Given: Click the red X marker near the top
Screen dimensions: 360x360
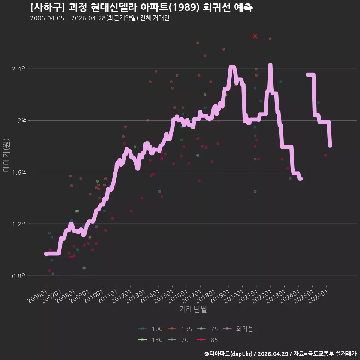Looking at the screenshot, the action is (255, 36).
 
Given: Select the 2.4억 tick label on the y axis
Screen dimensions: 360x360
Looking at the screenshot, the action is (19, 69).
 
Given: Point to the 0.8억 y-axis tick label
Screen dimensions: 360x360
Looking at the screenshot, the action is (19, 276).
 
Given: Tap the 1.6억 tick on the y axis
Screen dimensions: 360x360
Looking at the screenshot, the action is (19, 172).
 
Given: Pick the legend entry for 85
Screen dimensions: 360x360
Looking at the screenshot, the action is (207, 340).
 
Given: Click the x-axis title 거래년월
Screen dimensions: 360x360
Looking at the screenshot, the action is (193, 309).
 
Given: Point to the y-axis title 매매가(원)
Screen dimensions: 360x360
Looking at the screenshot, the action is (6, 155).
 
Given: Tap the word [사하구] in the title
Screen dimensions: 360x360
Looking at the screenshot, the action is (48, 7).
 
